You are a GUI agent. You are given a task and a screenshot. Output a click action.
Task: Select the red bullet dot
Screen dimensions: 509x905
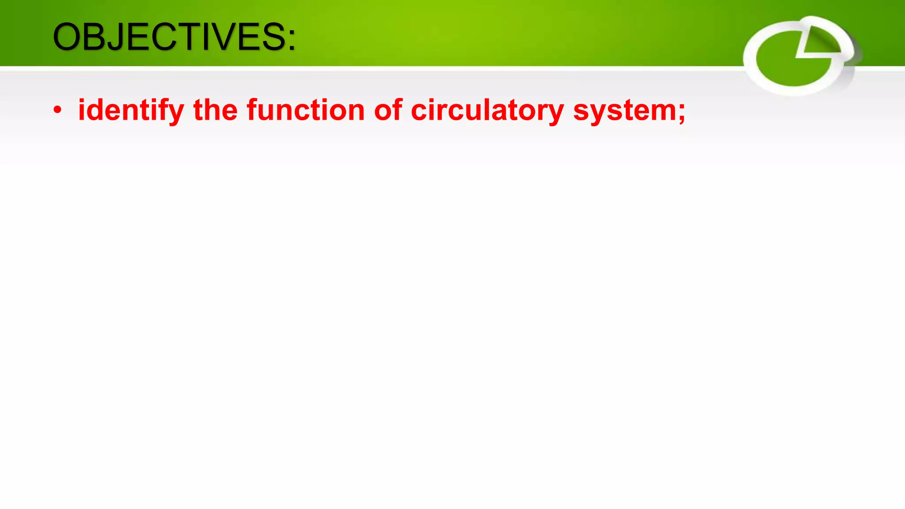[x=57, y=110]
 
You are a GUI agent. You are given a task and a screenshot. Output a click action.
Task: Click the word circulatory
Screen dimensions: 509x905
[x=487, y=110]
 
